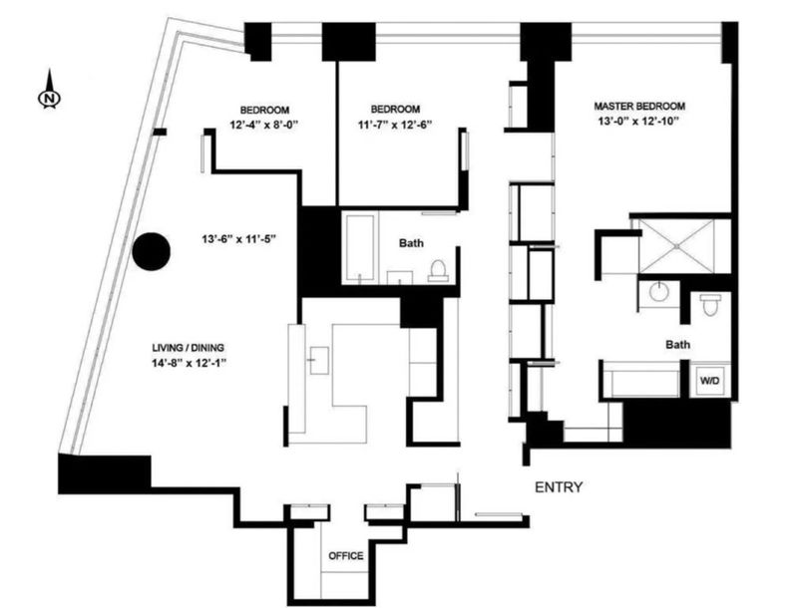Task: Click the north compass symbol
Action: [49, 90]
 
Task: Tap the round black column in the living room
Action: [152, 251]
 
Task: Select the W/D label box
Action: [710, 381]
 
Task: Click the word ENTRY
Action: [559, 487]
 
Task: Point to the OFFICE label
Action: [346, 555]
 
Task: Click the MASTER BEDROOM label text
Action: [639, 107]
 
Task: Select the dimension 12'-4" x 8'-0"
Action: [264, 125]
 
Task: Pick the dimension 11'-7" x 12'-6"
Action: [395, 125]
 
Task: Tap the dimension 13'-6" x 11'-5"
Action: [238, 239]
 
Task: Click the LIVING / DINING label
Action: [189, 348]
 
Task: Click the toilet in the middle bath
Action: [438, 270]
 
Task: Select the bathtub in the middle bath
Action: [360, 247]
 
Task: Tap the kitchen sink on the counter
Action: [319, 361]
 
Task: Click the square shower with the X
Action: [677, 246]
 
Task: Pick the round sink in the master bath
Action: [658, 292]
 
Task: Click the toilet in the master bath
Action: [708, 305]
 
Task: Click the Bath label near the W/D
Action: [678, 345]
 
